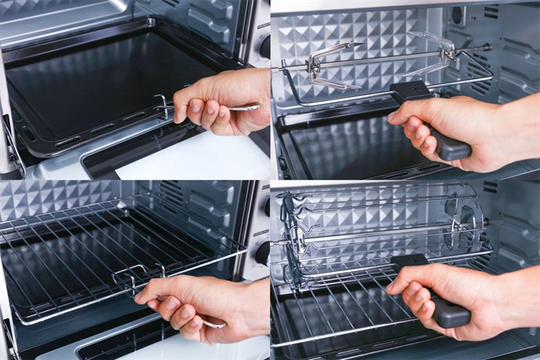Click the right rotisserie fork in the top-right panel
440,50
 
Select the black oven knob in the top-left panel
265,46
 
